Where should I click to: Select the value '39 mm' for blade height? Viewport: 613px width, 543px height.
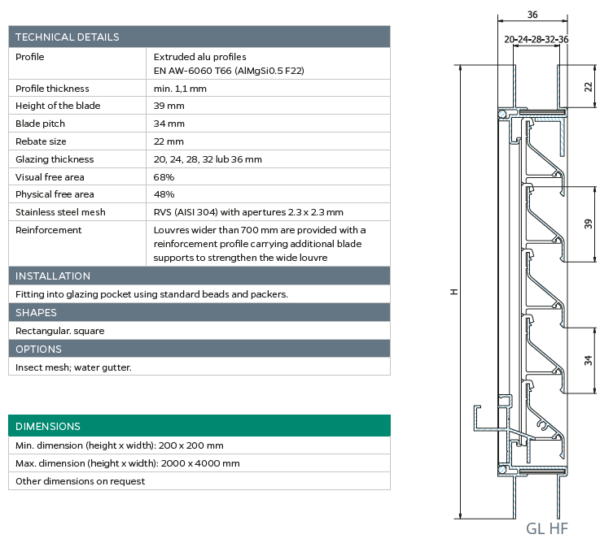169,106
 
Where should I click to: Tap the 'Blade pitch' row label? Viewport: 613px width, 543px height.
40,124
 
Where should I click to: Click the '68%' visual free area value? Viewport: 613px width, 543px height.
164,177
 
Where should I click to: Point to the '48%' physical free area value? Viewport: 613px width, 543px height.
164,194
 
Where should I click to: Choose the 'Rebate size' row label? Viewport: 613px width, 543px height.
41,141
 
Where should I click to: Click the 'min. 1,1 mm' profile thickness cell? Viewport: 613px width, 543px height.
180,89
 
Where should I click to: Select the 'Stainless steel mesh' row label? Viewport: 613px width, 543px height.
60,212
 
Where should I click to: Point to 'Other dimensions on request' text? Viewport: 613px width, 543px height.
80,481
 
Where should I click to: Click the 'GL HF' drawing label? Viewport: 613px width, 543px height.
546,528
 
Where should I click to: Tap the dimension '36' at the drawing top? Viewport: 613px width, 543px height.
532,15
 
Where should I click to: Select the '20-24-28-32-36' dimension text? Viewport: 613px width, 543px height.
536,40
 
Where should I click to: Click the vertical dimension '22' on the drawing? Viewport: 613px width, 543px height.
589,87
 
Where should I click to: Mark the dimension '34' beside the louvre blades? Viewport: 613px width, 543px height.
589,360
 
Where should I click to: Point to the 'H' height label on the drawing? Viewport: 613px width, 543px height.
454,292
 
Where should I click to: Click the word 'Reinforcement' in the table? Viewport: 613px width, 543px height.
49,230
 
